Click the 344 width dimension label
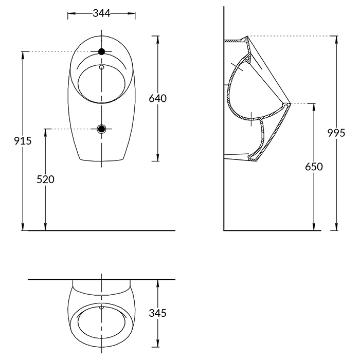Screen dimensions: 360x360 [x=101, y=13]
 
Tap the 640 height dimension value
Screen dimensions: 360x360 [x=158, y=99]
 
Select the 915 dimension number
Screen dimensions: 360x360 [x=23, y=141]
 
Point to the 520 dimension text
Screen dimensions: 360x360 [x=45, y=179]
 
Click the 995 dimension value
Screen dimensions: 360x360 [x=336, y=133]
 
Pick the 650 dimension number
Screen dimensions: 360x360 [x=314, y=167]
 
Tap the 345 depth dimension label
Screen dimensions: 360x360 [x=157, y=313]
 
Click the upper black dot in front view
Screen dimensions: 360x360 [x=101, y=51]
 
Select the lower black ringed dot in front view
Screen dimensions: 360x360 [x=101, y=129]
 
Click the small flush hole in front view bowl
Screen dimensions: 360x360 [x=101, y=67]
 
